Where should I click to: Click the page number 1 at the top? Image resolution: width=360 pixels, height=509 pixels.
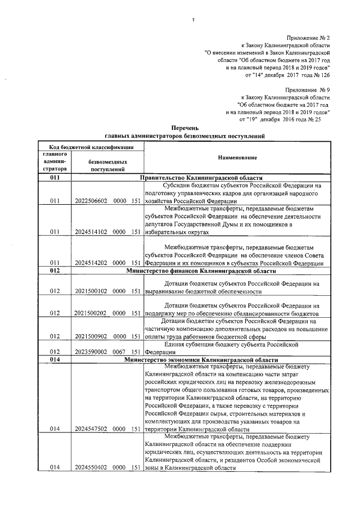pyautogui.click(x=192, y=21)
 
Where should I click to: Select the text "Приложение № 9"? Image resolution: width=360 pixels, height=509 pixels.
pyautogui.click(x=308, y=89)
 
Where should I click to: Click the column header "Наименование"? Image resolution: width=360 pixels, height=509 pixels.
pyautogui.click(x=236, y=157)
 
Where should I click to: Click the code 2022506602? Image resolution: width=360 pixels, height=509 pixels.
pyautogui.click(x=91, y=201)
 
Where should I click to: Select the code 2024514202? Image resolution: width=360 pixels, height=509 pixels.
pyautogui.click(x=91, y=263)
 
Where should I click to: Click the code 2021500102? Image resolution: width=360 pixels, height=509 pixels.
pyautogui.click(x=91, y=292)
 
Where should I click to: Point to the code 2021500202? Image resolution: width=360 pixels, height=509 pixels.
pyautogui.click(x=91, y=313)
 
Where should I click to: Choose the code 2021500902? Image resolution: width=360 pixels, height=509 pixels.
pyautogui.click(x=91, y=336)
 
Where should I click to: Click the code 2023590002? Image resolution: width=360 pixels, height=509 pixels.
pyautogui.click(x=91, y=352)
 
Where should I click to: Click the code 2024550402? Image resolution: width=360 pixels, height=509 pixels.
pyautogui.click(x=91, y=467)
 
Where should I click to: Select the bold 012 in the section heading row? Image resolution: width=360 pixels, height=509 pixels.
pyautogui.click(x=55, y=271)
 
